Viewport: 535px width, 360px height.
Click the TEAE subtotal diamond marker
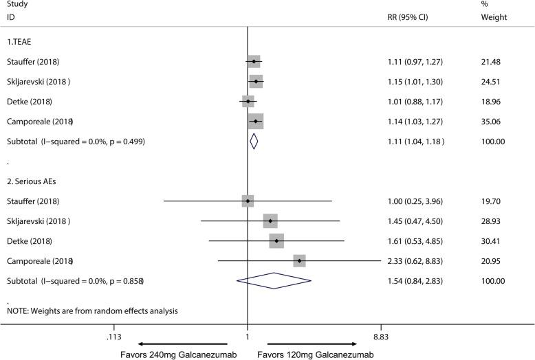254,142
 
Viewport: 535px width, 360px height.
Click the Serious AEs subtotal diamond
274,281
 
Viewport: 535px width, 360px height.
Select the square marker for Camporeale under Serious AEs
299,261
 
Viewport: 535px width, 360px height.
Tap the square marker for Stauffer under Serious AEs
248,201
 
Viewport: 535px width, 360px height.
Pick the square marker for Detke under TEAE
248,102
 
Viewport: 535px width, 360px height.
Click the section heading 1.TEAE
20,42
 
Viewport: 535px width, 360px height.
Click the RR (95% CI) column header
408,16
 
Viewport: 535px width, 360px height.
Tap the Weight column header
493,16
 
